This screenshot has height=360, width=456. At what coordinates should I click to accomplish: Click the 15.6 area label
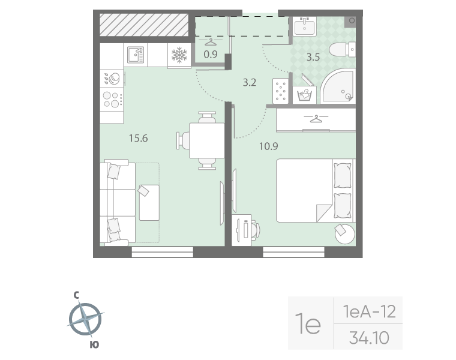point(139,138)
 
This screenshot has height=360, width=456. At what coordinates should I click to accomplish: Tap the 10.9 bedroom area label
point(268,146)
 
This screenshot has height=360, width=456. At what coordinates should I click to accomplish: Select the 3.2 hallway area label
point(250,83)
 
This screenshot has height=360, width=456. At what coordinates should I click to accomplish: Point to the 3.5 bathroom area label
point(313,57)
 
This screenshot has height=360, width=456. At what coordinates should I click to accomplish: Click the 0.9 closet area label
point(211,55)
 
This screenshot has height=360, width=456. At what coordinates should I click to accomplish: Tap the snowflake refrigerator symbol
point(179,55)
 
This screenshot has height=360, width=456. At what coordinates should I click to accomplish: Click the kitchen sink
point(136,55)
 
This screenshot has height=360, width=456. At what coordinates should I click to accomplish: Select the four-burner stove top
point(112,99)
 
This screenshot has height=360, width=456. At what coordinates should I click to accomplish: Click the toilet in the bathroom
point(342,49)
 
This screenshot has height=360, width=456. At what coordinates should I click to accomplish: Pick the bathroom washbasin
point(304,26)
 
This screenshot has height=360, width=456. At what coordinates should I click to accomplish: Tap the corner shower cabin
point(338,86)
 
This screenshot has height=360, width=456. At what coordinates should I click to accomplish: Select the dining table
point(207,140)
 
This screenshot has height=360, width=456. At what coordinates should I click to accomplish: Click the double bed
point(316,190)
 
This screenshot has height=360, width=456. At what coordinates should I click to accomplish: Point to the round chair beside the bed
point(345,234)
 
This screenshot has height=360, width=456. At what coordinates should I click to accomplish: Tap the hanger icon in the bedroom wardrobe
point(316,119)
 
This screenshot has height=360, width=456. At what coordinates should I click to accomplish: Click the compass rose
point(85,319)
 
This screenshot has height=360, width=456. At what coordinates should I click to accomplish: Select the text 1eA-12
point(370,311)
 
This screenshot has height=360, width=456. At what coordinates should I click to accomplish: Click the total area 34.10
point(369,338)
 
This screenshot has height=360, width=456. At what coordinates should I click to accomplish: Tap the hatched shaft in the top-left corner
point(144,25)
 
